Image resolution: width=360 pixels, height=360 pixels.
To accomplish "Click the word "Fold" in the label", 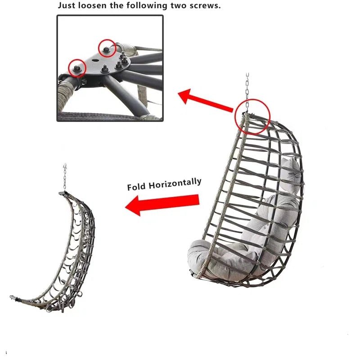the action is (x=136, y=187).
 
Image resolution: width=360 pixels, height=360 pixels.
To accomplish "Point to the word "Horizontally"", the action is (x=175, y=184).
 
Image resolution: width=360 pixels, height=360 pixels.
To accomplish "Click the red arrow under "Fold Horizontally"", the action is (x=162, y=204).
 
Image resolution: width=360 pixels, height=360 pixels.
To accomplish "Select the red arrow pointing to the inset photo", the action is (x=206, y=100).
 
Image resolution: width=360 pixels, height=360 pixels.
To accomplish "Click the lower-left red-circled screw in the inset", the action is (x=76, y=68).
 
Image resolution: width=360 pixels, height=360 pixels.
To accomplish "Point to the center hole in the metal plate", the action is (x=94, y=61).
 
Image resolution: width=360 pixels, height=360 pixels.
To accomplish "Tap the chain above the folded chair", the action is (x=65, y=177).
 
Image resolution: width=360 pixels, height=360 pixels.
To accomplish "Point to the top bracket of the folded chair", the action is (x=63, y=193).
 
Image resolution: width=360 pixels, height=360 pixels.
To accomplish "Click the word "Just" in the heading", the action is (x=66, y=5).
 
